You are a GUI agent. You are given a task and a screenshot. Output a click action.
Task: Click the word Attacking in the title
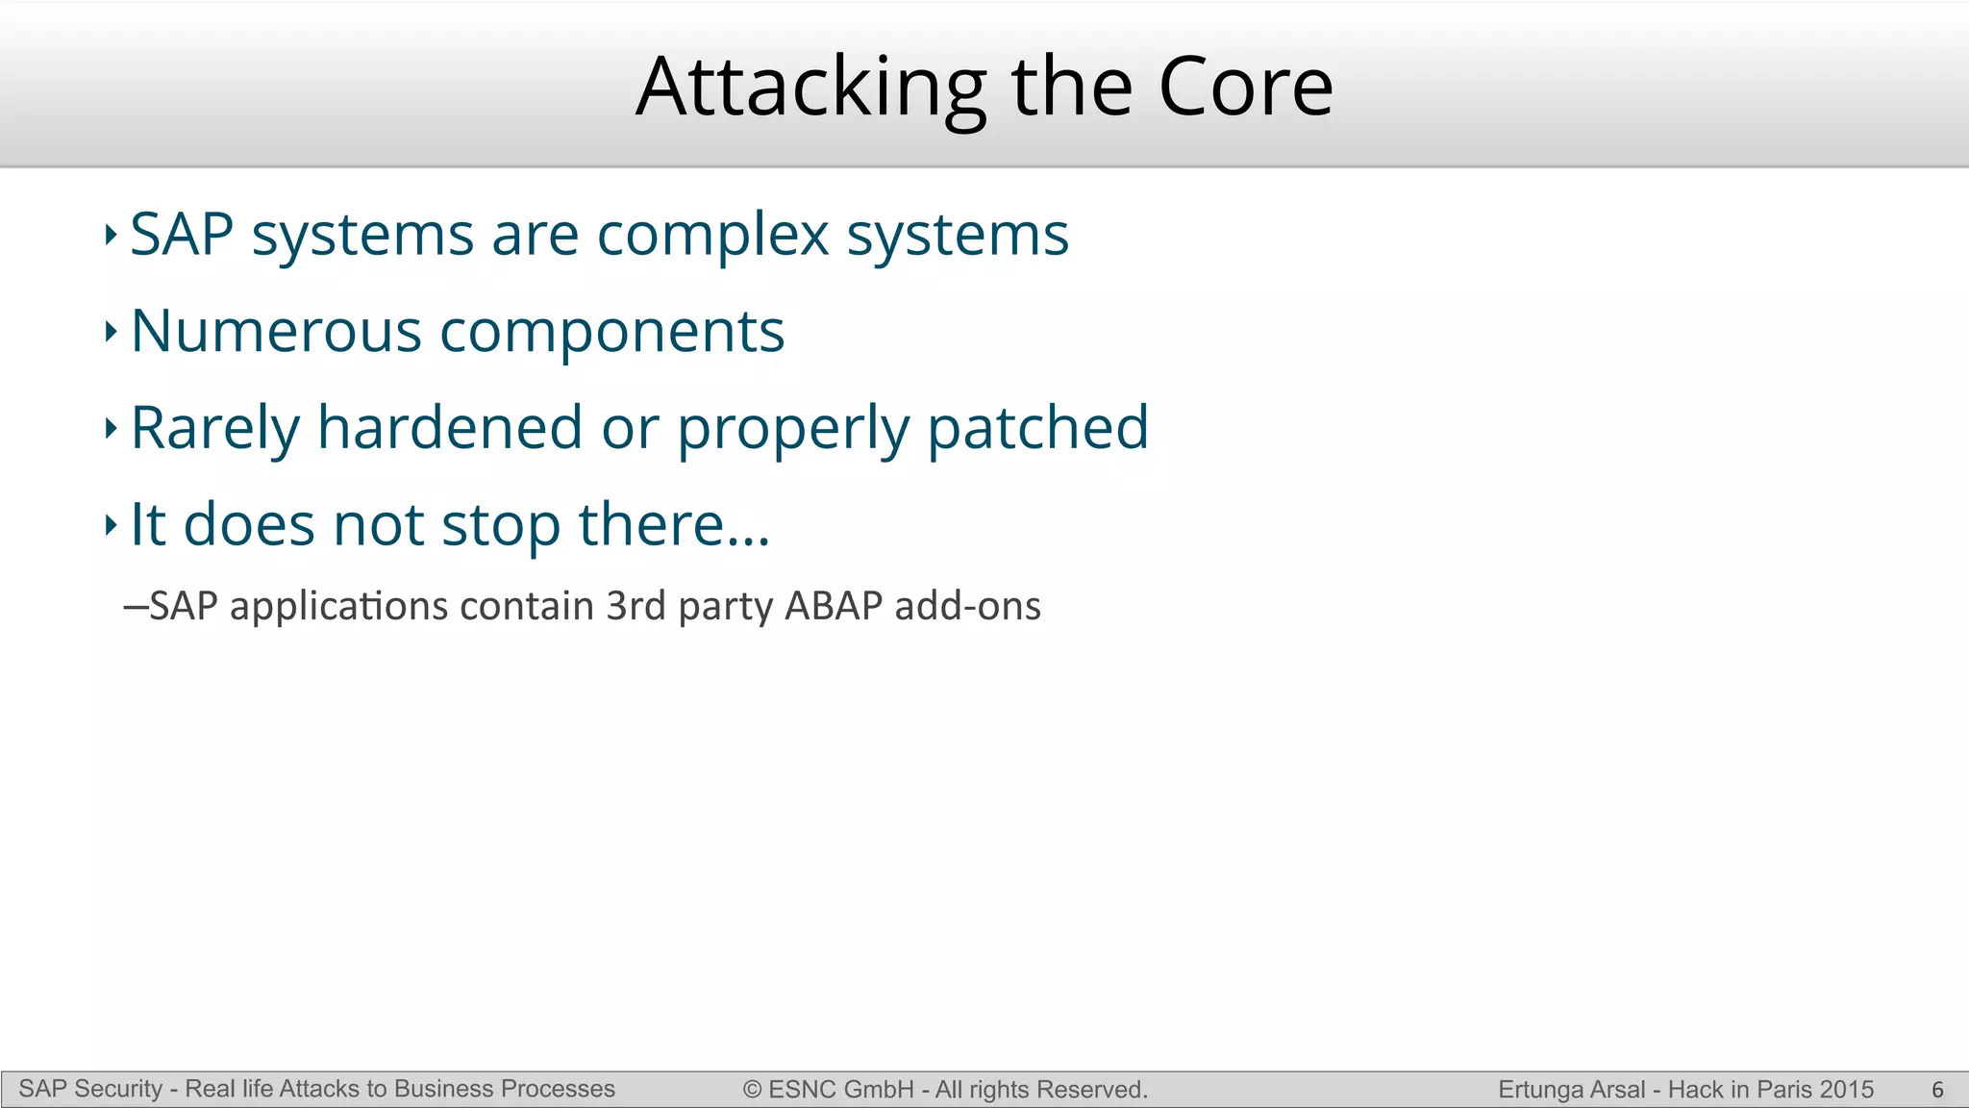point(810,88)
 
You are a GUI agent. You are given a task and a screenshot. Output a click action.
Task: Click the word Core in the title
point(1245,88)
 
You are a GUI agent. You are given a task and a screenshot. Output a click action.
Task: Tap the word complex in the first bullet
point(712,235)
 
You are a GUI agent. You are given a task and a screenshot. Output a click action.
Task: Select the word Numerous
point(275,331)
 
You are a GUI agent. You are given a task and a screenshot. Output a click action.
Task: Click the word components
point(612,333)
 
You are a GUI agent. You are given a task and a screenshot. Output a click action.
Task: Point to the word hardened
point(450,428)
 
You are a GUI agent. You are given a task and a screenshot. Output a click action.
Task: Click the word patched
point(1037,429)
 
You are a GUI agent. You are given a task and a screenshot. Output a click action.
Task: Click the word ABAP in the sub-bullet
point(833,607)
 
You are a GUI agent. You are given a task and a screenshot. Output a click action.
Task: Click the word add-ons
point(967,607)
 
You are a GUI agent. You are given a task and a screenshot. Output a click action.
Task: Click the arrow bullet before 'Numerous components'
point(111,332)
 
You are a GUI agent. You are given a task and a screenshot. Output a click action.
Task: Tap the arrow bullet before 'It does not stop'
point(111,525)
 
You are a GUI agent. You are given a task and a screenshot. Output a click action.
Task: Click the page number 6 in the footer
point(1937,1090)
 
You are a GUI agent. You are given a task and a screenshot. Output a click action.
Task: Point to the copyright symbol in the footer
point(752,1090)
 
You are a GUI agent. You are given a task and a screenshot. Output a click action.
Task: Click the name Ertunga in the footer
point(1536,1090)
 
